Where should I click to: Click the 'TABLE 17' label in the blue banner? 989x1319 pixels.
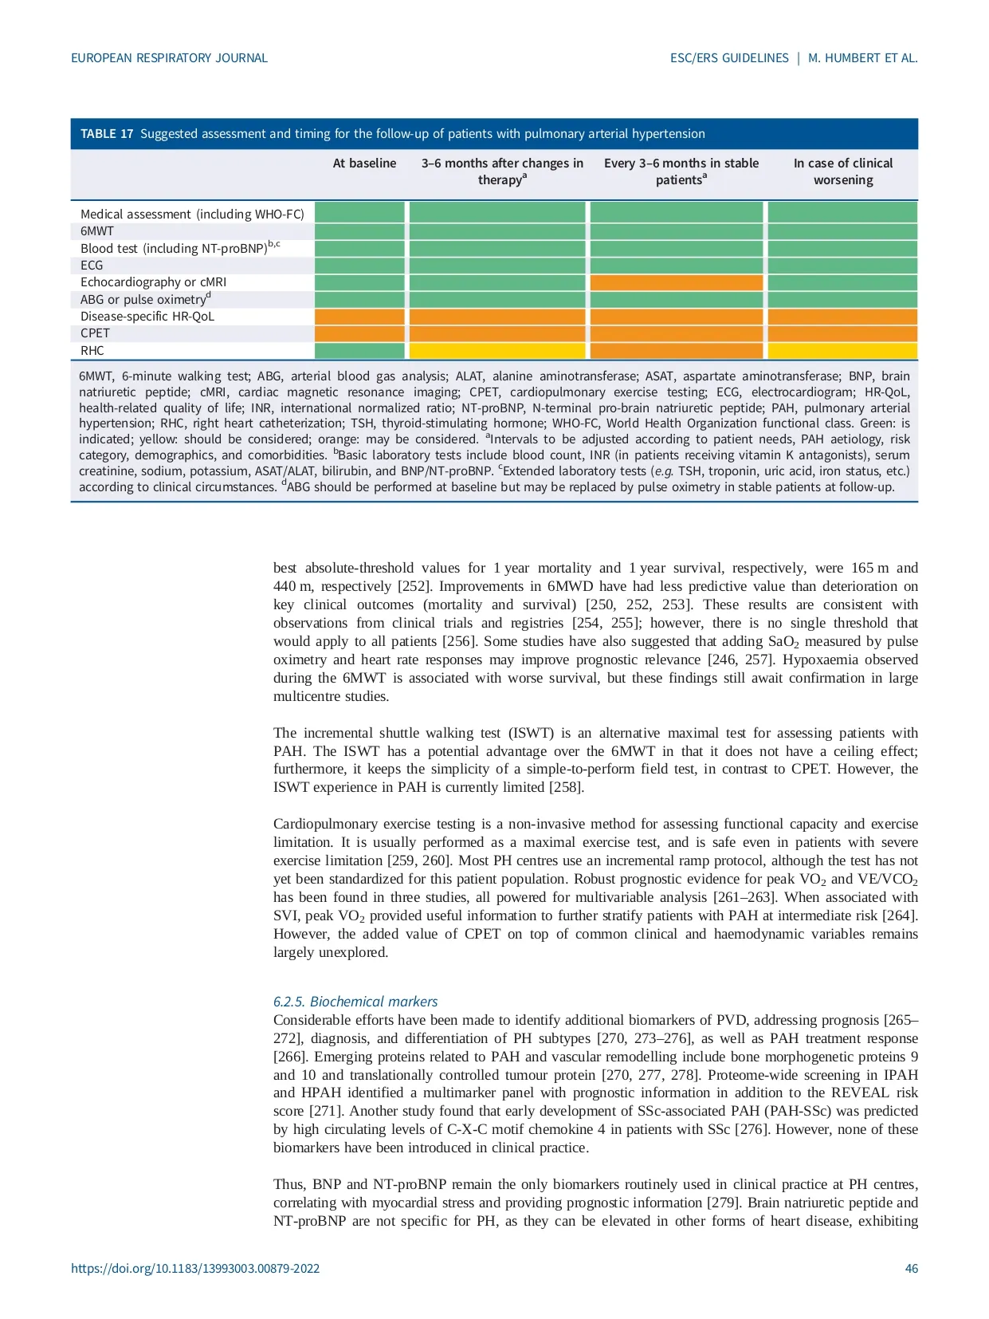107,134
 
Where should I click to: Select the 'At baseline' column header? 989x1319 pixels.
364,163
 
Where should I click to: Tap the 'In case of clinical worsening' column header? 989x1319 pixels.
842,171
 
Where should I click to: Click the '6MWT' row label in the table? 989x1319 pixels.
97,231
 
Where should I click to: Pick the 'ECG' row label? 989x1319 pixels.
92,266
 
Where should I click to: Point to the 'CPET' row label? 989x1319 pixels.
95,333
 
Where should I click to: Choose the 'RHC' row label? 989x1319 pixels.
92,351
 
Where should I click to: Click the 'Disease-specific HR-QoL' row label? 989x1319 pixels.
147,317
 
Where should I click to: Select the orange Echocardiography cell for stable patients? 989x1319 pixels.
677,282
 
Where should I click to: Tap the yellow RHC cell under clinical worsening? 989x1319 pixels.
842,351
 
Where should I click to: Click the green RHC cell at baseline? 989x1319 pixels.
360,351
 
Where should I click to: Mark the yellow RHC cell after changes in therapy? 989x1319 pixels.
497,351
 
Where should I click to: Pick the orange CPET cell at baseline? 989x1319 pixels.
360,333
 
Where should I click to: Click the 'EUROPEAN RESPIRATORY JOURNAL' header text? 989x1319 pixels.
169,58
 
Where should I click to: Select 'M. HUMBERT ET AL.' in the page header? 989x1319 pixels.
862,58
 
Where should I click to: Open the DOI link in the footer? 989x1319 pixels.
195,1269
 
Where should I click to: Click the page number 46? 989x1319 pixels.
911,1269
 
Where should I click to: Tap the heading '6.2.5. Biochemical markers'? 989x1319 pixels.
355,1002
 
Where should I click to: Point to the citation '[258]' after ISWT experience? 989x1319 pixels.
567,788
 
